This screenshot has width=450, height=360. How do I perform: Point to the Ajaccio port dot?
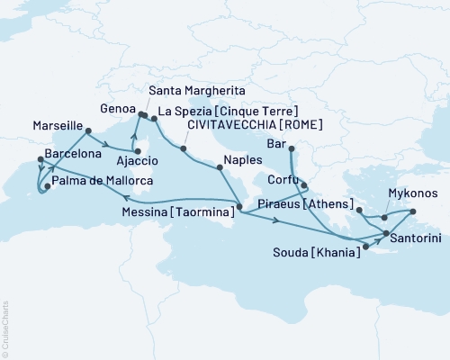tap(138, 163)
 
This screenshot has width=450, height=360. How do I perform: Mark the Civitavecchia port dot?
tap(184, 148)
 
